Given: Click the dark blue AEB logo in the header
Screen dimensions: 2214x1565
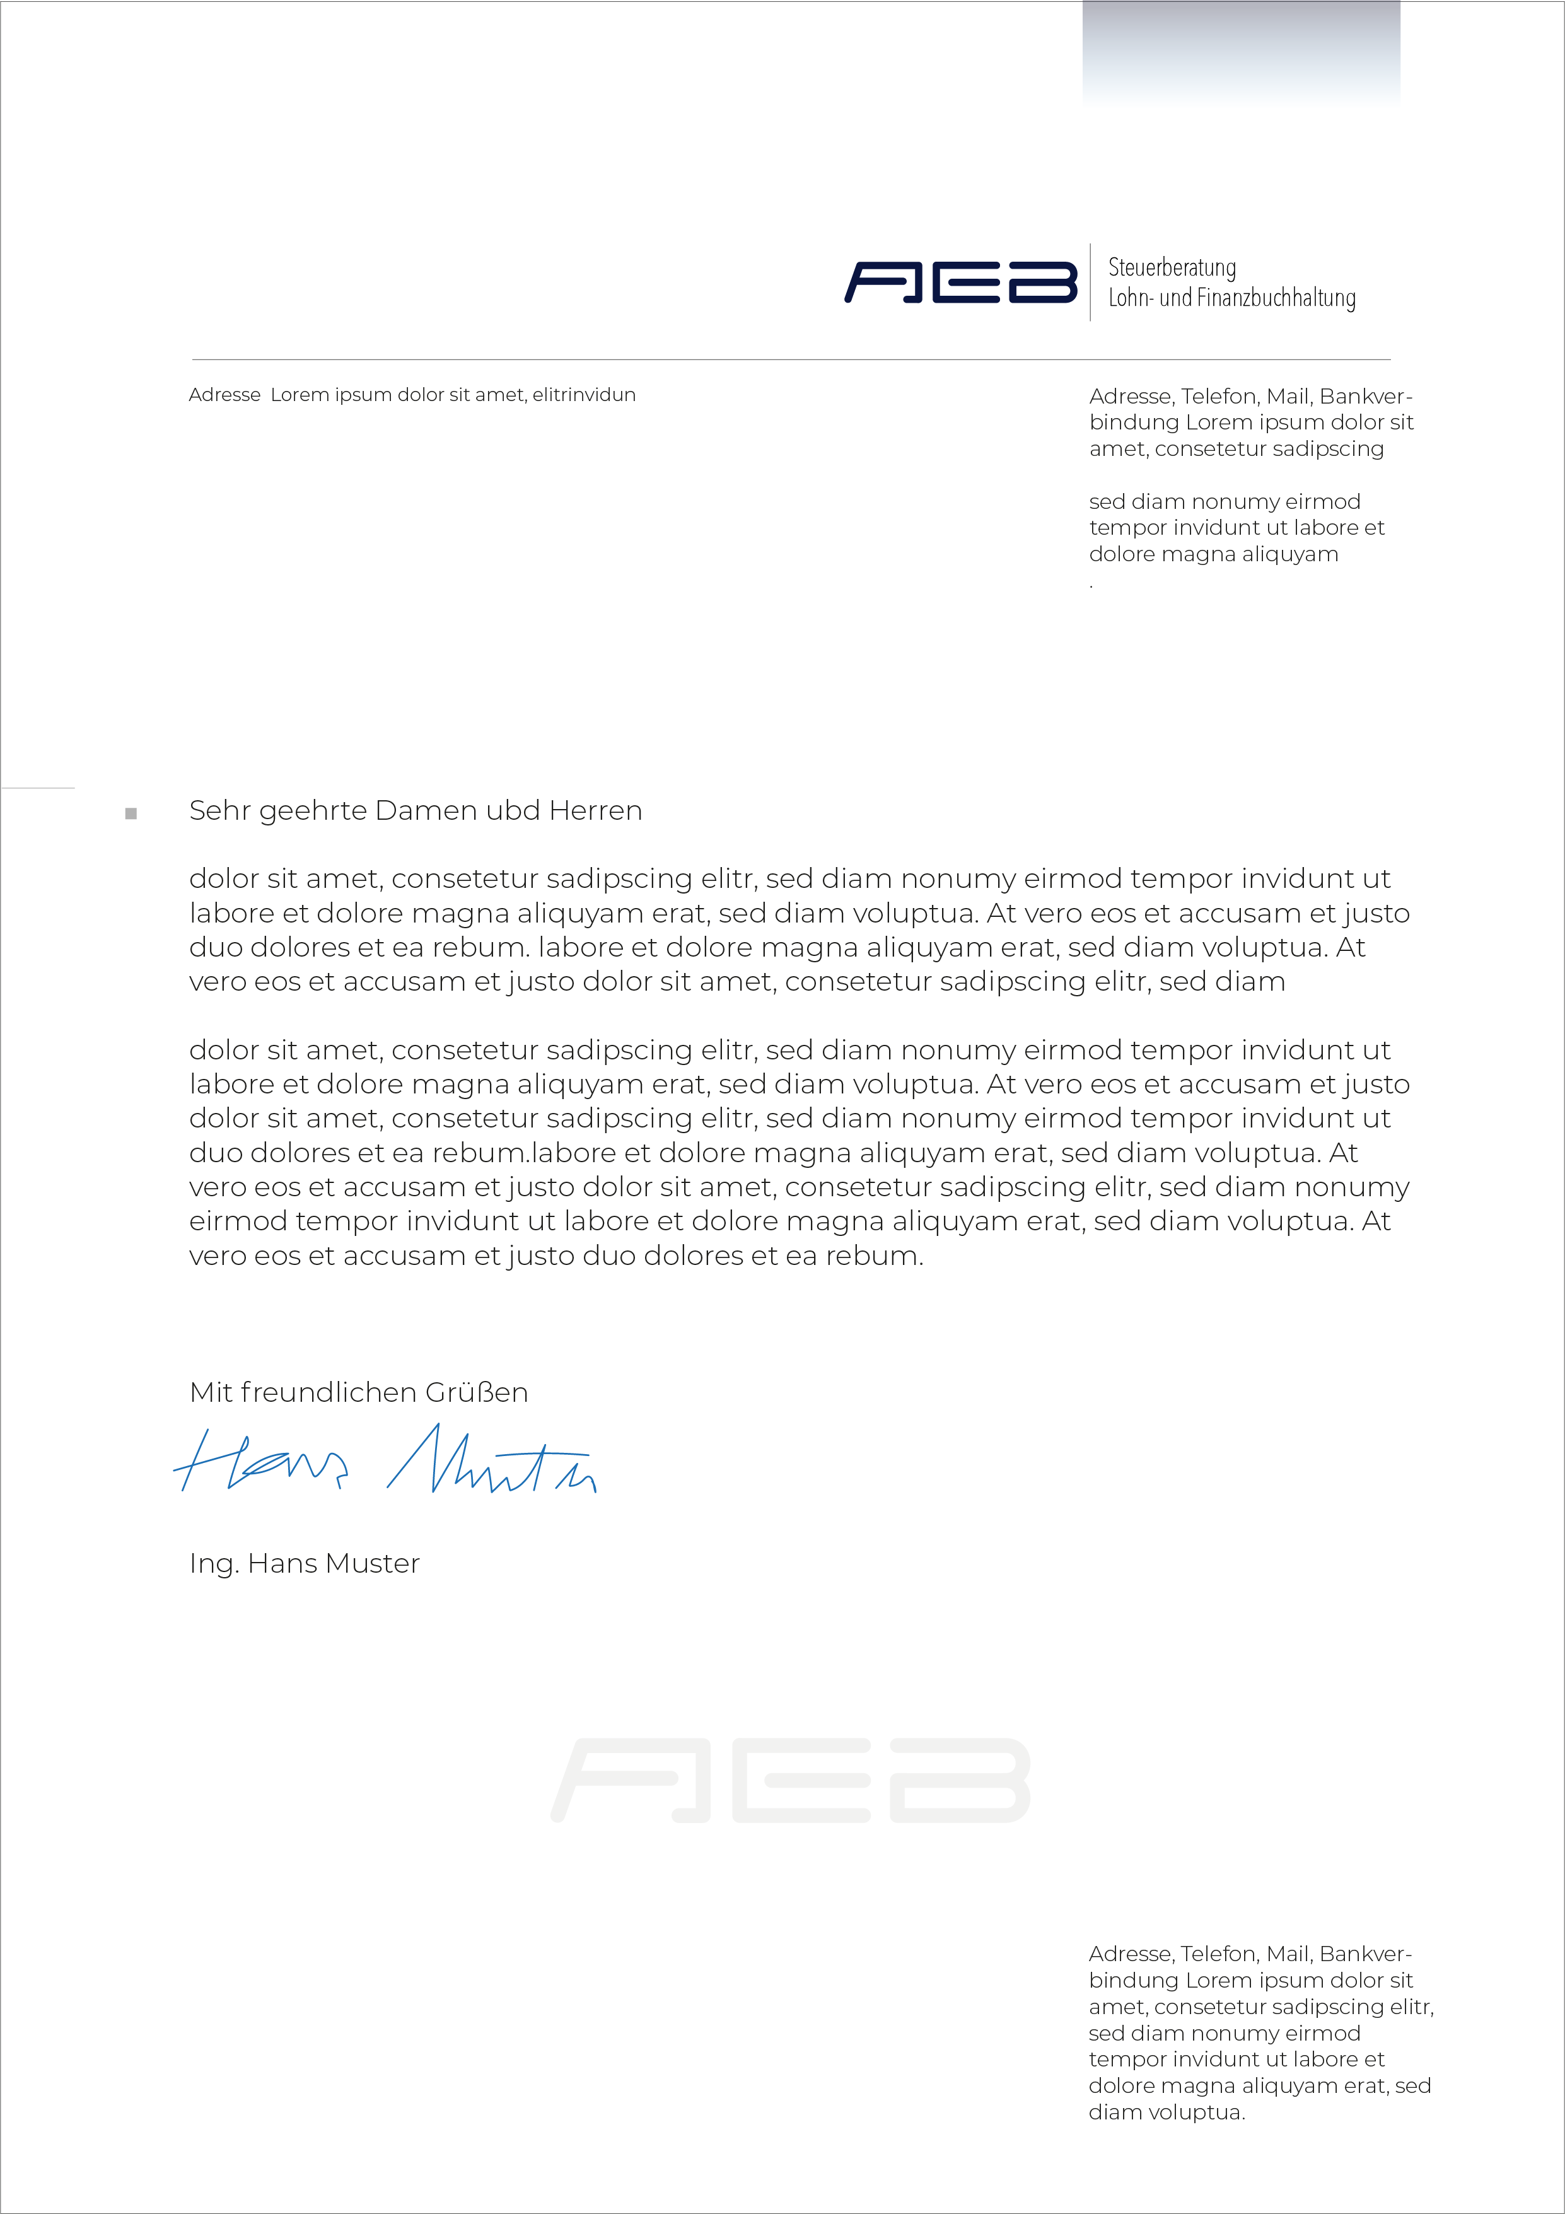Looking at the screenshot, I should (960, 282).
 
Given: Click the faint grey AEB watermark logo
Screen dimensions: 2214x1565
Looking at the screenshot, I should (791, 1780).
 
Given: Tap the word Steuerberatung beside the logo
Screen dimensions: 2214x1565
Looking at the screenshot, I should (1172, 268).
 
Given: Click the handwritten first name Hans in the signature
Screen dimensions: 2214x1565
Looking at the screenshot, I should (260, 1461).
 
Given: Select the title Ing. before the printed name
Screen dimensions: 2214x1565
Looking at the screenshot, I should (213, 1564).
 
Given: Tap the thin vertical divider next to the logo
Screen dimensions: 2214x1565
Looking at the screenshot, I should (1091, 282).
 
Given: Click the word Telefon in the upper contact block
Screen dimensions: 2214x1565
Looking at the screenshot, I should (1219, 396).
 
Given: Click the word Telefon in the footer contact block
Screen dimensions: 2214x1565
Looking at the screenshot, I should (1219, 1954).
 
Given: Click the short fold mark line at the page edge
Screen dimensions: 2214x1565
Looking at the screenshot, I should (38, 788).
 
